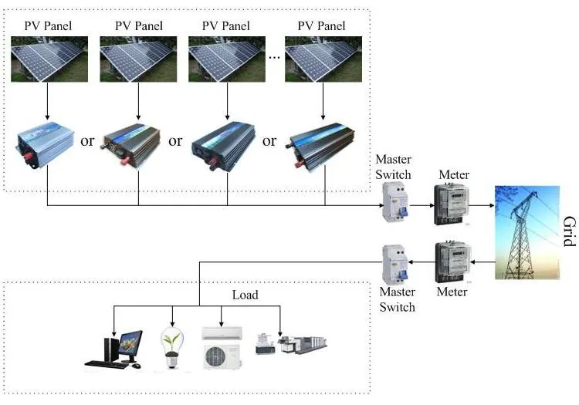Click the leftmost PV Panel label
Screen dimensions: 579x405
pos(48,25)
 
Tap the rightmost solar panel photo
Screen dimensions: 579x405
pos(323,59)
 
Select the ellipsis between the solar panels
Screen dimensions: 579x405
pos(274,58)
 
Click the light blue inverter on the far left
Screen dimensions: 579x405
pos(45,145)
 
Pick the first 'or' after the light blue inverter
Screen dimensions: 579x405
pos(87,141)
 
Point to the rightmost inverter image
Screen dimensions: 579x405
pos(320,147)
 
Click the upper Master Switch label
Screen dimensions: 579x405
pos(393,167)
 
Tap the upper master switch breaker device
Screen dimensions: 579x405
pos(395,202)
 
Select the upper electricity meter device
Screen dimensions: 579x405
pos(452,204)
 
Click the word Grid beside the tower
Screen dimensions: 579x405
pos(570,231)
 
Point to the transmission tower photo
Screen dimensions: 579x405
pos(527,232)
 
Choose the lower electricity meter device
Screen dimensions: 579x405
pos(452,262)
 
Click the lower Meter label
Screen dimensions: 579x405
pos(452,292)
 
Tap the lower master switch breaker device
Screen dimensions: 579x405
pos(395,265)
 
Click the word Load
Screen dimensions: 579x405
pos(245,295)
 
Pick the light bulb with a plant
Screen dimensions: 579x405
pos(172,347)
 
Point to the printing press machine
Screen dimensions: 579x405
pos(303,345)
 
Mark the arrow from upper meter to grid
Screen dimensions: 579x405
pos(482,205)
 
